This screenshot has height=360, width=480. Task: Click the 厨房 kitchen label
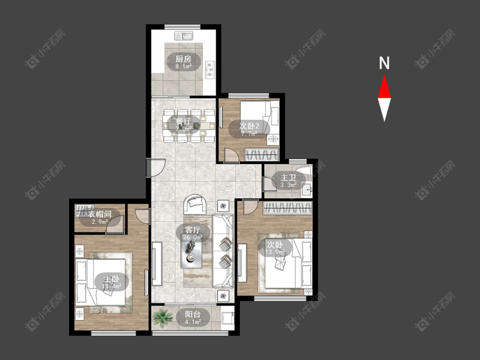click(183, 58)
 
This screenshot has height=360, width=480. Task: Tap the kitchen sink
click(184, 36)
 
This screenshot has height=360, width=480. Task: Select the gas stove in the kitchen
click(210, 70)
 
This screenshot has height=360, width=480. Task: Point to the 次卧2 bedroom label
click(249, 126)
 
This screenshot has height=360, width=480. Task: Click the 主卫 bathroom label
click(288, 177)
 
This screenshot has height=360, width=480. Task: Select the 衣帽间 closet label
click(100, 214)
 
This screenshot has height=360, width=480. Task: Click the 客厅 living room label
click(192, 229)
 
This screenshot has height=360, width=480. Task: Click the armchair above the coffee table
click(195, 204)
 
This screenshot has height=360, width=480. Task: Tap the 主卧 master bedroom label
click(111, 279)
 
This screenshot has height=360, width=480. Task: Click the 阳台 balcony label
click(193, 314)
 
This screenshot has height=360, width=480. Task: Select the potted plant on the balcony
click(162, 317)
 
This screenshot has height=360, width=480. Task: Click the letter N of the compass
click(384, 63)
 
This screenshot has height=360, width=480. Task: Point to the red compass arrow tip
click(384, 75)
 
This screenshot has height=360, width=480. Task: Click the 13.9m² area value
click(275, 252)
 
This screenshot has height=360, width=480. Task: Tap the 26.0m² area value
click(193, 237)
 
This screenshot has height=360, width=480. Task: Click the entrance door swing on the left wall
click(156, 168)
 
